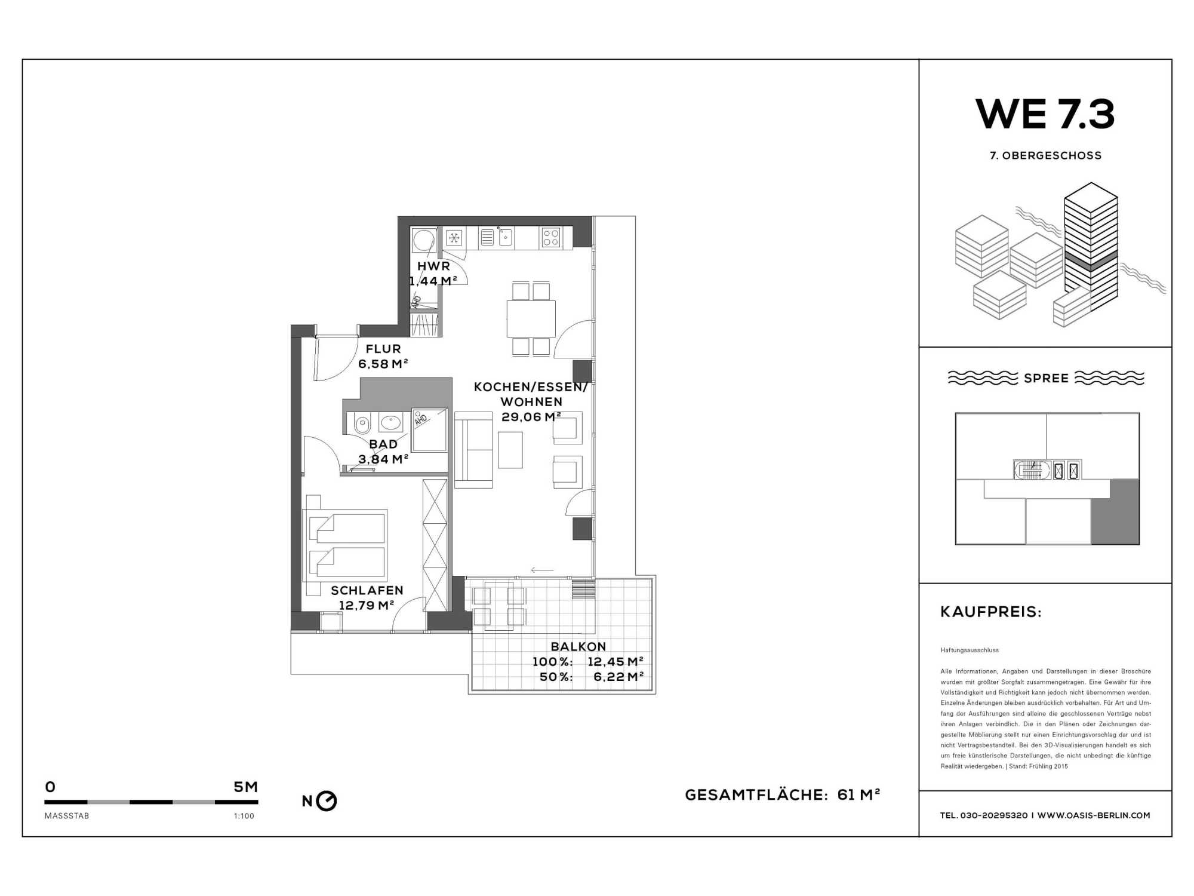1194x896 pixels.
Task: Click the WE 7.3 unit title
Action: pyautogui.click(x=1045, y=114)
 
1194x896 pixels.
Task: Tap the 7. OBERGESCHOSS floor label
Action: pyautogui.click(x=1045, y=155)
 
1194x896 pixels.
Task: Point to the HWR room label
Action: pyautogui.click(x=433, y=266)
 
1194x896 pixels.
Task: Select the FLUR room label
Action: pyautogui.click(x=383, y=349)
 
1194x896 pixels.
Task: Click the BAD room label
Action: pyautogui.click(x=383, y=444)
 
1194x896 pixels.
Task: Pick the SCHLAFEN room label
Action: pyautogui.click(x=367, y=590)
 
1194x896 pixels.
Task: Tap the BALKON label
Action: pyautogui.click(x=578, y=646)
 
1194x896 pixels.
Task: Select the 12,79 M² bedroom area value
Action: pyautogui.click(x=366, y=605)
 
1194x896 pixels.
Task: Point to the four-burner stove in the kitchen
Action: pyautogui.click(x=550, y=238)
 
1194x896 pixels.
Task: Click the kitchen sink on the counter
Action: pyautogui.click(x=505, y=237)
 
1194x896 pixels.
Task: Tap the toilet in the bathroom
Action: pyautogui.click(x=362, y=424)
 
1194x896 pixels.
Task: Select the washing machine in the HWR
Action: pyautogui.click(x=424, y=240)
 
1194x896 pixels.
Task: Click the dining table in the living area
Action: pyautogui.click(x=531, y=319)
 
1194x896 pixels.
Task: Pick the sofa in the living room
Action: pyautogui.click(x=473, y=450)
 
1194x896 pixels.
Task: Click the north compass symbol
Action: pyautogui.click(x=327, y=801)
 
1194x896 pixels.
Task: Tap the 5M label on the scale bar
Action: pyautogui.click(x=245, y=787)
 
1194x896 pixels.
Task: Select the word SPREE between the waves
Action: pyautogui.click(x=1046, y=378)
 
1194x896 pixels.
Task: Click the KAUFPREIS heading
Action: pyautogui.click(x=991, y=612)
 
